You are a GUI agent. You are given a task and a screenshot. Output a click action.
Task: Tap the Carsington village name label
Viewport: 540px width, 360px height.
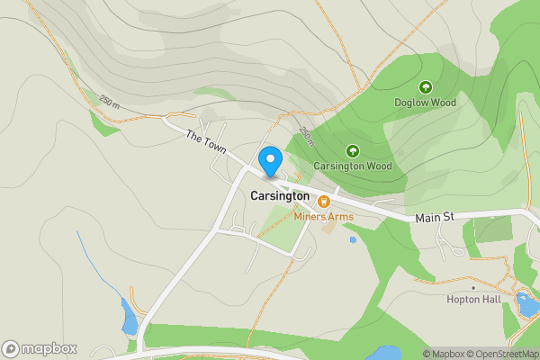(279, 195)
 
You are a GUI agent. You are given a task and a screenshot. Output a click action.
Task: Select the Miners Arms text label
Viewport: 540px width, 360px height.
(323, 217)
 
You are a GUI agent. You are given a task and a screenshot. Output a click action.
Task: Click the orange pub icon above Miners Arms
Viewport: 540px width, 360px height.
(323, 202)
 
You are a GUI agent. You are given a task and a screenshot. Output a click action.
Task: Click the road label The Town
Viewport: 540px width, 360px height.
(205, 141)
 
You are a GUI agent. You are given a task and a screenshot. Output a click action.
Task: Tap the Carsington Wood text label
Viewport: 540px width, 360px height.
(353, 166)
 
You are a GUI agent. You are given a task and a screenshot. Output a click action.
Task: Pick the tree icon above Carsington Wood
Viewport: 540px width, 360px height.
(353, 151)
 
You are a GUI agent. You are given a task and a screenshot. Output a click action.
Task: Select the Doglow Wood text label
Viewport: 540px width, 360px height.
(425, 103)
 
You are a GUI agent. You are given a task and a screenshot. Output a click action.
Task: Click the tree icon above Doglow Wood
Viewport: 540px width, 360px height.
(425, 87)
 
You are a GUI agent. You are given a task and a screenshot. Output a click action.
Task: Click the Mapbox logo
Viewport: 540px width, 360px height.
(40, 348)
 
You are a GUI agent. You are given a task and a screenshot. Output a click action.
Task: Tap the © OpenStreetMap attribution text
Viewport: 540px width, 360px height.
(500, 354)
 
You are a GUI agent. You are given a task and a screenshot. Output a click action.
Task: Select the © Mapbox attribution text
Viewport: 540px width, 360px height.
(441, 354)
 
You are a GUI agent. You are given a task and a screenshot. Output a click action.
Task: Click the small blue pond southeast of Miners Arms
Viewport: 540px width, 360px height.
(352, 240)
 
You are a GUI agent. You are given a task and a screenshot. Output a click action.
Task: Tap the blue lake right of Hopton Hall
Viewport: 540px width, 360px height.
(525, 304)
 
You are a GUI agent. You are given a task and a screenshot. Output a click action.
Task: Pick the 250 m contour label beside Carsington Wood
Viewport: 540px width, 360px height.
(308, 137)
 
